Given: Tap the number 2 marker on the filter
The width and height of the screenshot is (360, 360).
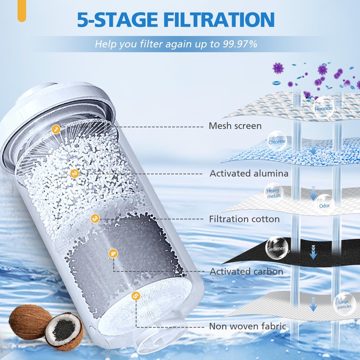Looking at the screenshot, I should [75, 173].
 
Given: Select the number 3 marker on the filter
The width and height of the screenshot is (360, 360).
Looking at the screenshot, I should [94, 218].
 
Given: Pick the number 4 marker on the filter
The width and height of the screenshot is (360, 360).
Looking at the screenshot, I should [113, 253].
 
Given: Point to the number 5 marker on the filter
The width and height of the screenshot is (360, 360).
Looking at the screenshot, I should [135, 296].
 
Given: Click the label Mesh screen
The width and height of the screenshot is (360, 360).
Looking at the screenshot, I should [235, 126].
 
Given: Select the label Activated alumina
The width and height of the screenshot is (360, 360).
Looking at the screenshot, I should [249, 173].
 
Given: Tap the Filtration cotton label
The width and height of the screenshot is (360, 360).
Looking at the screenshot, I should [244, 219].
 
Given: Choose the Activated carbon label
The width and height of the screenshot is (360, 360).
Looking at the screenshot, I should [246, 271].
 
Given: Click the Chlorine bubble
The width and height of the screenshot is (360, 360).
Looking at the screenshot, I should [277, 141].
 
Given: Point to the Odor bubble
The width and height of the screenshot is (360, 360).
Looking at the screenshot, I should [324, 205].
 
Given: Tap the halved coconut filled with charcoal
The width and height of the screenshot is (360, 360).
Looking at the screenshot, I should [64, 332].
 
